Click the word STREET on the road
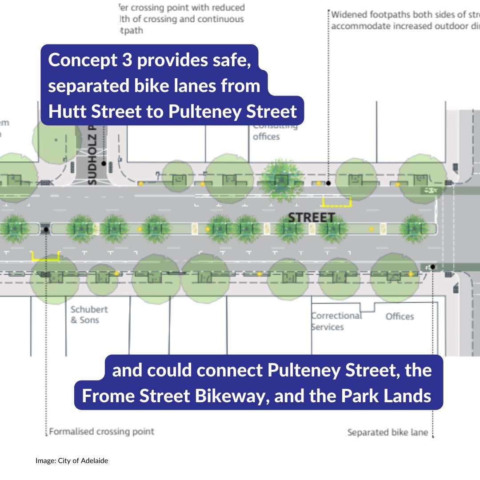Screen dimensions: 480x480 (x=311, y=218)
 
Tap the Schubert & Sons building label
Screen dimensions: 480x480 (x=89, y=314)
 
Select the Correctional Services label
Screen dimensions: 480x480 (x=336, y=321)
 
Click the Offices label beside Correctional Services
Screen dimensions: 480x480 (x=400, y=316)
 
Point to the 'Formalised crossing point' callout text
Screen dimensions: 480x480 (x=101, y=431)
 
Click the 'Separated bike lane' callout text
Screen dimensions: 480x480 (x=387, y=432)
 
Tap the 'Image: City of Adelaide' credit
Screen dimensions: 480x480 (x=72, y=461)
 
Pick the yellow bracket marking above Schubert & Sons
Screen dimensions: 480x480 (x=45, y=256)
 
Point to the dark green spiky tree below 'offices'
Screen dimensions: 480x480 (x=281, y=180)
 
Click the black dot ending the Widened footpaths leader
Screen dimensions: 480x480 (x=328, y=183)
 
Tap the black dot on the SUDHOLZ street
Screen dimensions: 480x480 (x=104, y=164)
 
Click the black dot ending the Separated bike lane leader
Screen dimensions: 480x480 (x=432, y=267)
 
